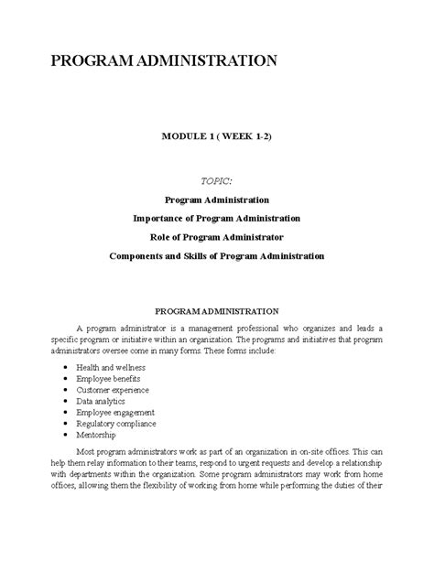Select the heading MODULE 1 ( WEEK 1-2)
(216, 135)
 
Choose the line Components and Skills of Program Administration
(216, 255)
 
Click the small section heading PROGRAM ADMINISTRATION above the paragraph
(216, 311)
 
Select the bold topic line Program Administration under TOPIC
(216, 199)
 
